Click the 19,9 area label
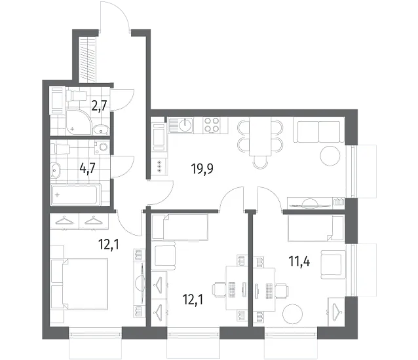(202, 169)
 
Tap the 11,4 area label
(299, 261)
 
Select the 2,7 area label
(99, 106)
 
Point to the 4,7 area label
(87, 168)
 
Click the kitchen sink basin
(185, 125)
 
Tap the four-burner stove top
(211, 125)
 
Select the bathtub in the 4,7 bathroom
(76, 194)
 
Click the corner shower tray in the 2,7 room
(78, 122)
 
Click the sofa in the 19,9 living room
(318, 132)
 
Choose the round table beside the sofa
(330, 156)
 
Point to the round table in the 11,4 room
(294, 314)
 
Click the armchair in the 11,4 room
(332, 264)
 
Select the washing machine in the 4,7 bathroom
(102, 147)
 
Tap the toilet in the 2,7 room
(76, 96)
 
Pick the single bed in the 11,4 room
(315, 228)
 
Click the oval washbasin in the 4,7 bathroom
(56, 170)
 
